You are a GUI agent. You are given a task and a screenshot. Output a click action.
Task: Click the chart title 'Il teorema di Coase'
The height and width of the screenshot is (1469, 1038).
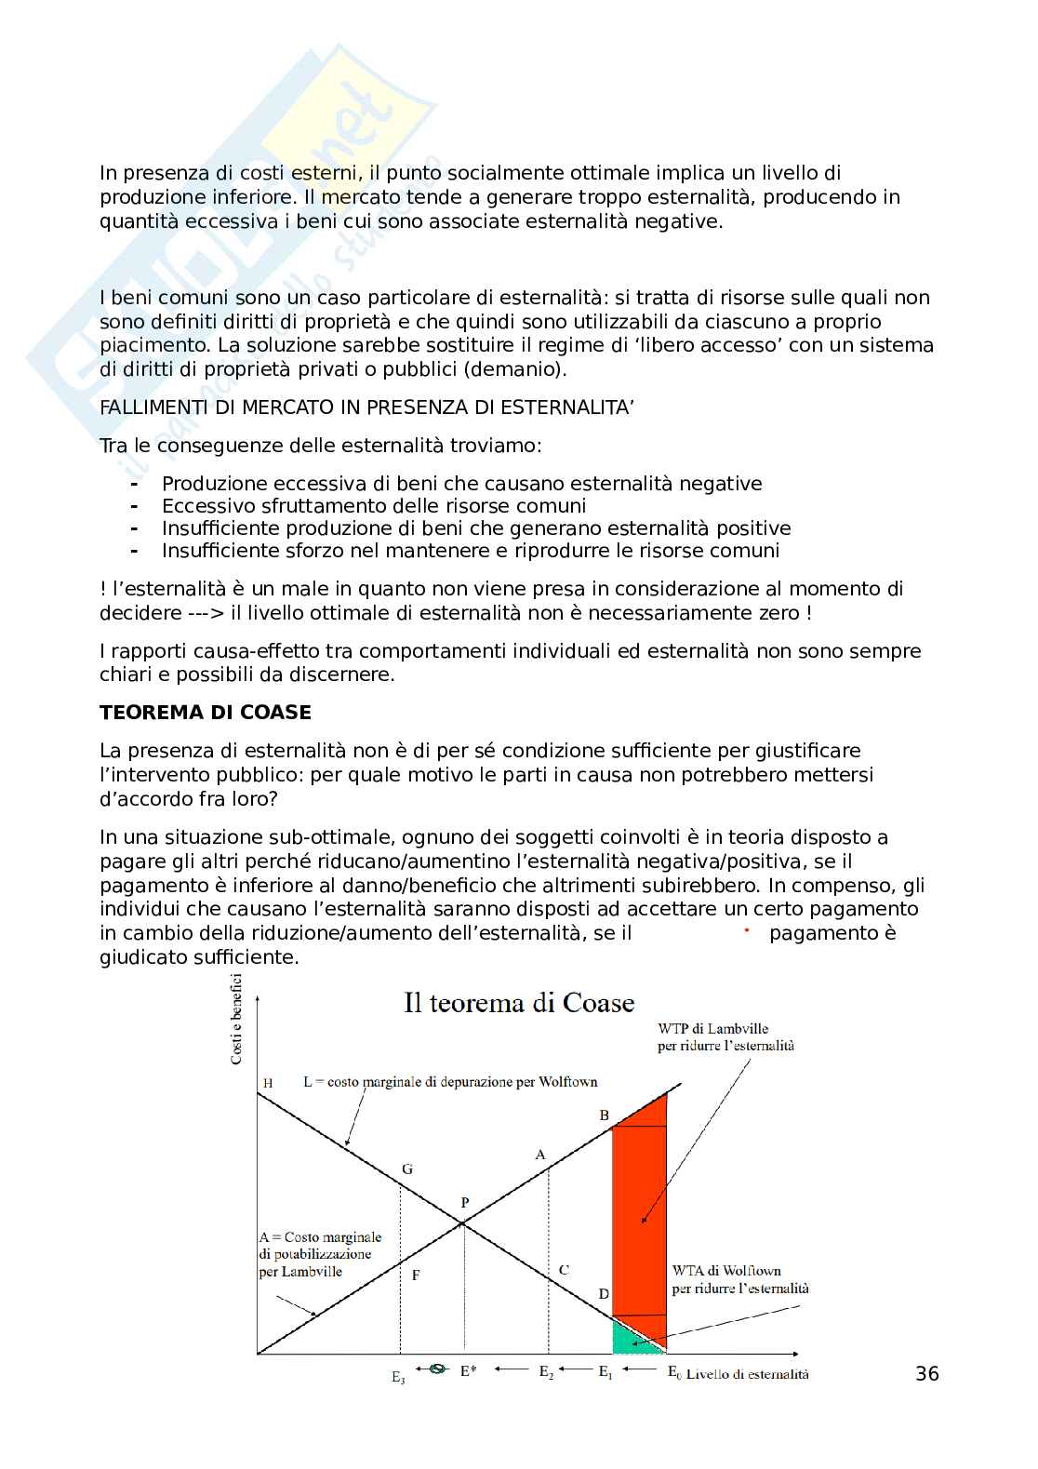click(519, 1003)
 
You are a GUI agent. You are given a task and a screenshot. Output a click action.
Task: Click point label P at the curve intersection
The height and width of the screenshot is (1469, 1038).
click(465, 1203)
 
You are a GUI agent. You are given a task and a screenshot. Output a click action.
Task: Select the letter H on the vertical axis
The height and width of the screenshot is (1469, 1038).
click(268, 1083)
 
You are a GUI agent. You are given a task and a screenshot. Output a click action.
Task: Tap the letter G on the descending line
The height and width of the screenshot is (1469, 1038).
click(406, 1169)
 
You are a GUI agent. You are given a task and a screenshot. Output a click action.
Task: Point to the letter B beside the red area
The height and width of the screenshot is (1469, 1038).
click(604, 1115)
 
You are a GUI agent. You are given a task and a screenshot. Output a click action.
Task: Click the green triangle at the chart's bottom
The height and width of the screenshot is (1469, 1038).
click(627, 1337)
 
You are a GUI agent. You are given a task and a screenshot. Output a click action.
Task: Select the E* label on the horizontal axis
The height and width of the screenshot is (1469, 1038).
click(468, 1370)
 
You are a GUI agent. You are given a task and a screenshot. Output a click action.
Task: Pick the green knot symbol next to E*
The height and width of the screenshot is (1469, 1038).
click(435, 1369)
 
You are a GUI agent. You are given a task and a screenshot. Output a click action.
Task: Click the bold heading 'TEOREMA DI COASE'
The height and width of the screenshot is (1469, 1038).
click(206, 713)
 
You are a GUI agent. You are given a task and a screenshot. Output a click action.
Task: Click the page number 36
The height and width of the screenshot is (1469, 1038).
click(927, 1373)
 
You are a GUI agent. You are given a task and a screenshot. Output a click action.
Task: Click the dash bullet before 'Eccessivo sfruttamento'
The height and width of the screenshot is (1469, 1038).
click(135, 506)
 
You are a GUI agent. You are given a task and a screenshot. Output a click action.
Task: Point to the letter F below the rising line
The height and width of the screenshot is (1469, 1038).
click(416, 1275)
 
